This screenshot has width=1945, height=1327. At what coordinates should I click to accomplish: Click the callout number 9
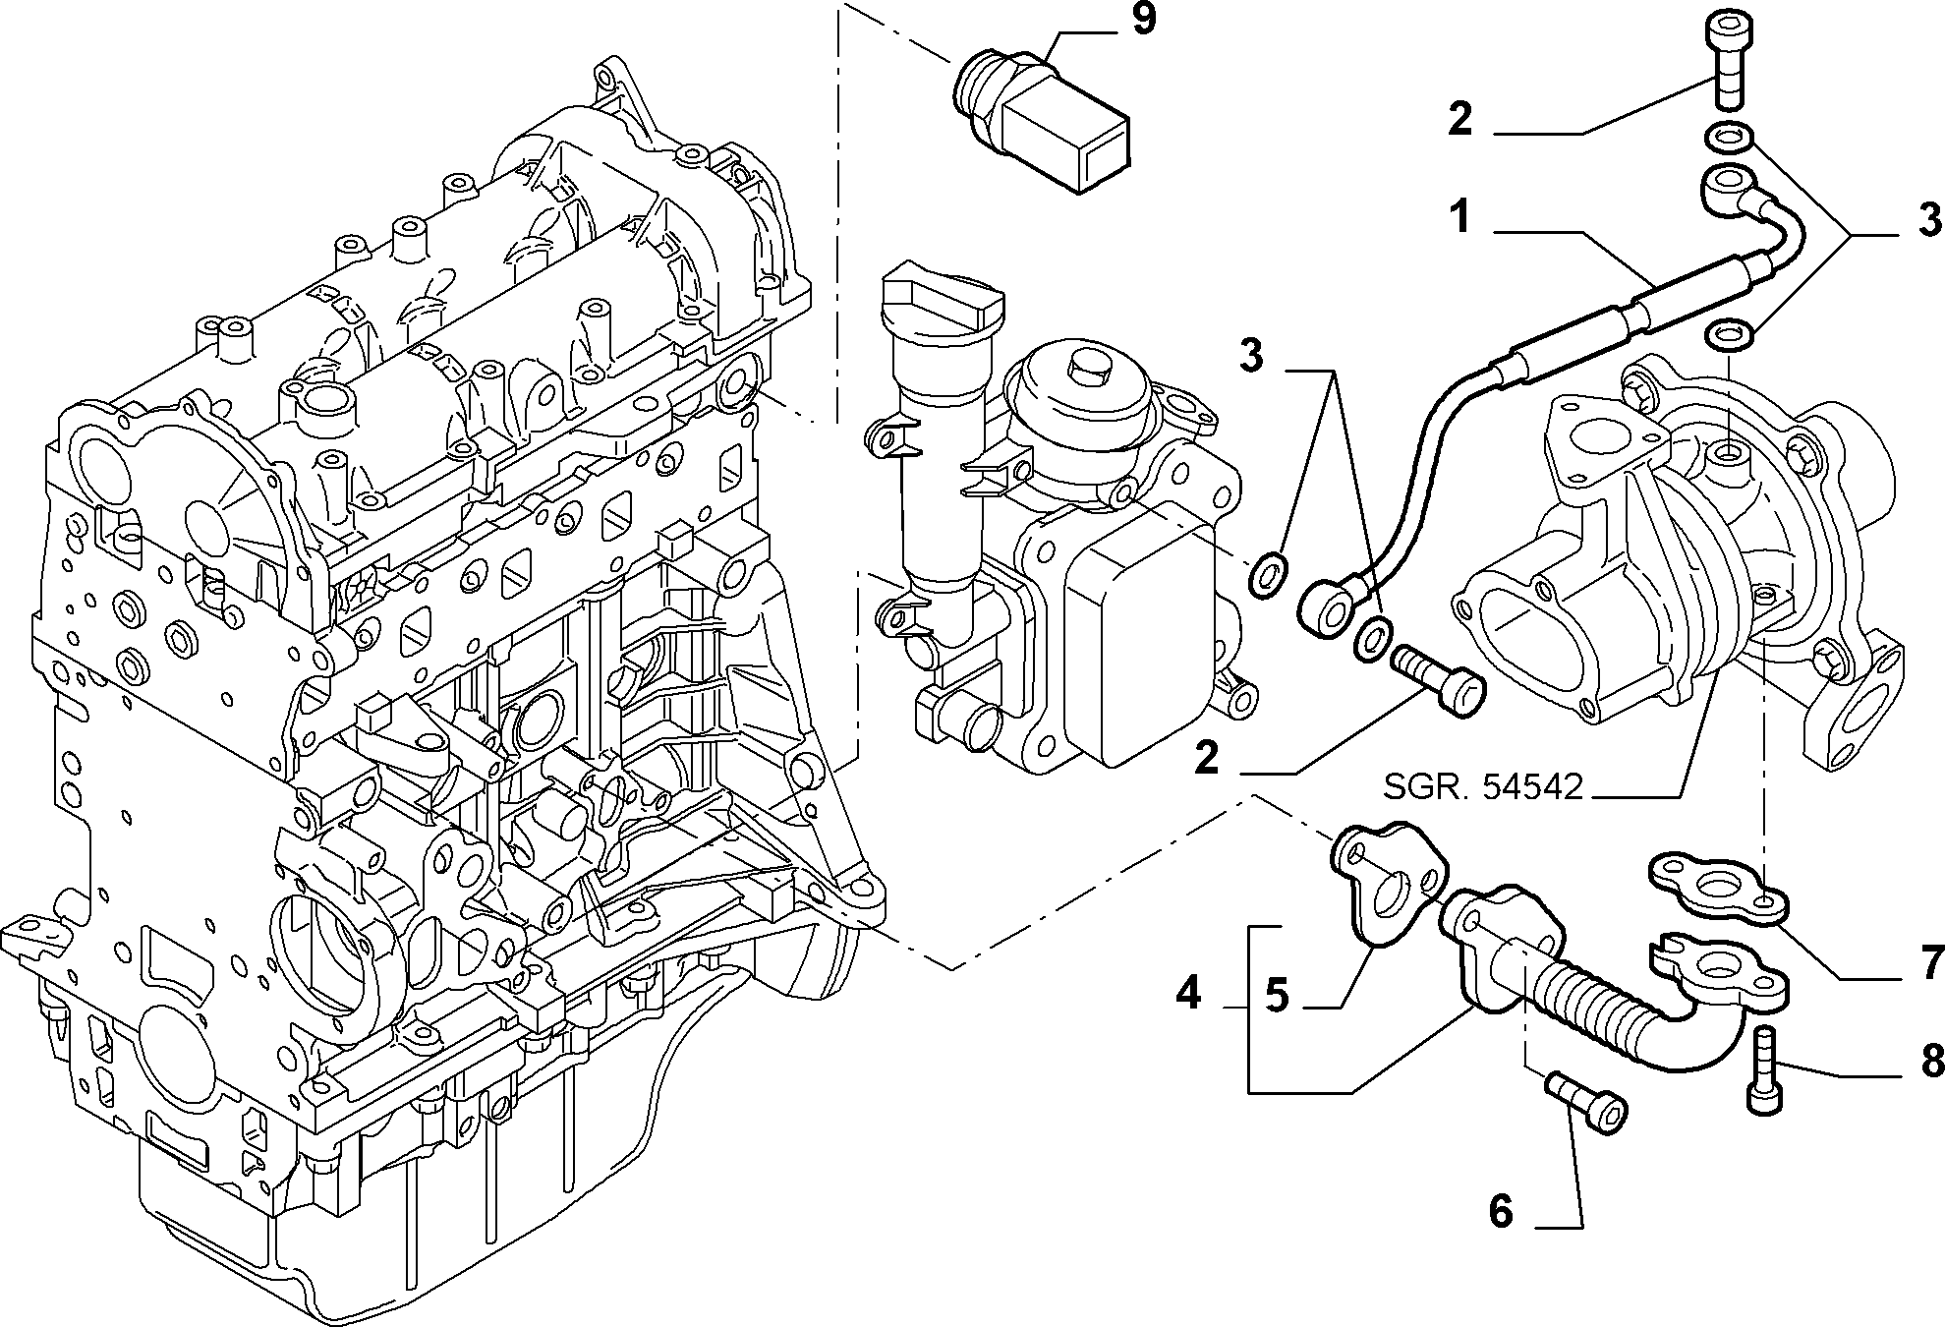[1143, 21]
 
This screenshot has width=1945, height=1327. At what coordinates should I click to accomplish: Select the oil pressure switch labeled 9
[1042, 122]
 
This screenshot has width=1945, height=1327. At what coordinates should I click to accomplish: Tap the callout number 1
[1461, 217]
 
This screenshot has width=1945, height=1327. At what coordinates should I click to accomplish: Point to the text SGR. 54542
[1483, 786]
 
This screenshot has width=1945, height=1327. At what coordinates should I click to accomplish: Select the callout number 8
[1930, 1060]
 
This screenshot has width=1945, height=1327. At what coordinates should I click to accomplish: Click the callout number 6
[1500, 1211]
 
